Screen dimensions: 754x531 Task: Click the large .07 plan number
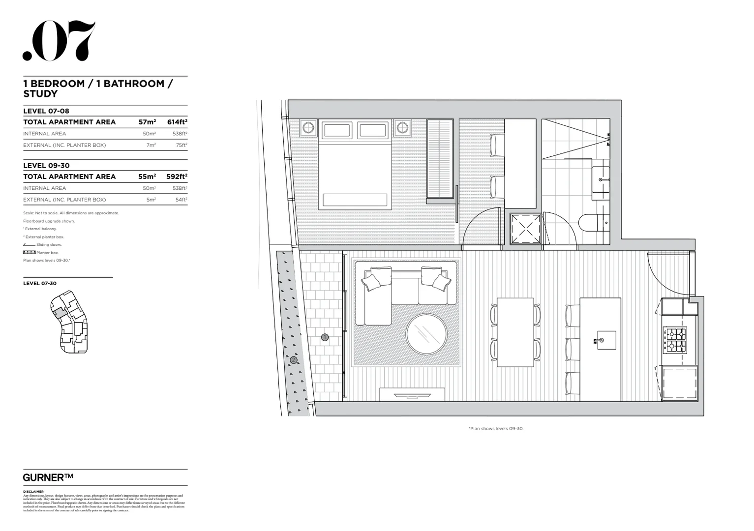coord(59,41)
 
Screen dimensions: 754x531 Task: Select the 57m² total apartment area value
coord(147,122)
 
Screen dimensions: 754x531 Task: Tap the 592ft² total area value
coord(177,177)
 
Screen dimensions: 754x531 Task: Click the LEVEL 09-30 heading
coord(46,166)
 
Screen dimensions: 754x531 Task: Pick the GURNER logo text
coord(48,477)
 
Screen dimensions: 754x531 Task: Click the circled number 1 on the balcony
coord(325,337)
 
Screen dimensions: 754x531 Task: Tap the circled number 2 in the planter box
coord(294,359)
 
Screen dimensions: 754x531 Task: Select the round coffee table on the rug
coord(426,334)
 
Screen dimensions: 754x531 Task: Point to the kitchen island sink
coord(601,340)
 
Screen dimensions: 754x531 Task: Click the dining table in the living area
coord(515,332)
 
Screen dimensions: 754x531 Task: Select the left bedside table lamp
coord(308,128)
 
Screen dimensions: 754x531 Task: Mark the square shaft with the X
coord(526,229)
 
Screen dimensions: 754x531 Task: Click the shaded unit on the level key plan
coord(59,312)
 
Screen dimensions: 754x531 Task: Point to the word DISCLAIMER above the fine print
coord(33,492)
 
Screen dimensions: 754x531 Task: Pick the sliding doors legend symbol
coord(29,245)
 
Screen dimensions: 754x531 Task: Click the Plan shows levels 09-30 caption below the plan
coord(496,429)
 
